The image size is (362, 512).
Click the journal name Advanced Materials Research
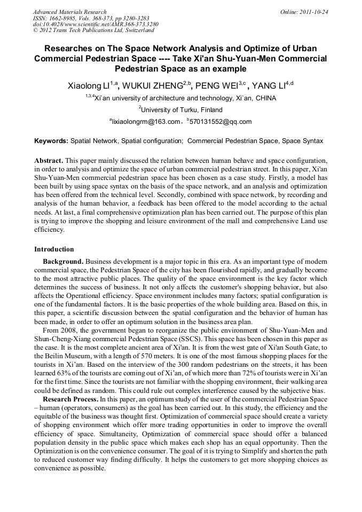point(70,12)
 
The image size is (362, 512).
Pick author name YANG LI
point(269,85)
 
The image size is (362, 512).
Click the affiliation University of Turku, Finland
point(182,110)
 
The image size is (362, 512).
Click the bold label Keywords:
point(51,141)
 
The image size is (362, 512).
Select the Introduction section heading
point(54,249)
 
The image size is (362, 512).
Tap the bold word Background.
point(63,261)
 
